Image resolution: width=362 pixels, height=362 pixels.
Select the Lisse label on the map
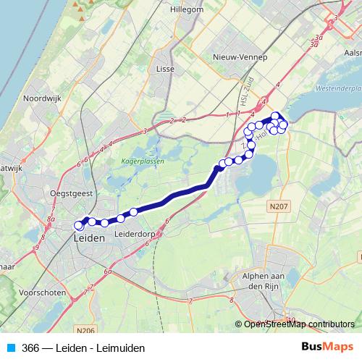tap(165, 70)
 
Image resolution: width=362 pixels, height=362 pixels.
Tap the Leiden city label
tap(89, 237)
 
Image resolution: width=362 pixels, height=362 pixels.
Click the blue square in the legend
tap(11, 348)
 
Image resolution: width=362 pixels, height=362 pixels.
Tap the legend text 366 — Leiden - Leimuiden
tap(83, 348)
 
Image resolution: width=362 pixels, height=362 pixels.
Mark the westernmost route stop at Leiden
tap(79, 226)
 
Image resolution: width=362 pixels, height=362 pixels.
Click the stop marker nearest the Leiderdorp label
tap(121, 218)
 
